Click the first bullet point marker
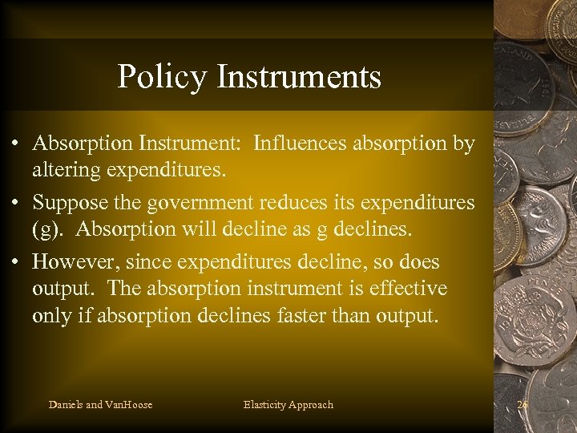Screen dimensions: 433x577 point(16,144)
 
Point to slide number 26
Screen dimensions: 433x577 point(523,405)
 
